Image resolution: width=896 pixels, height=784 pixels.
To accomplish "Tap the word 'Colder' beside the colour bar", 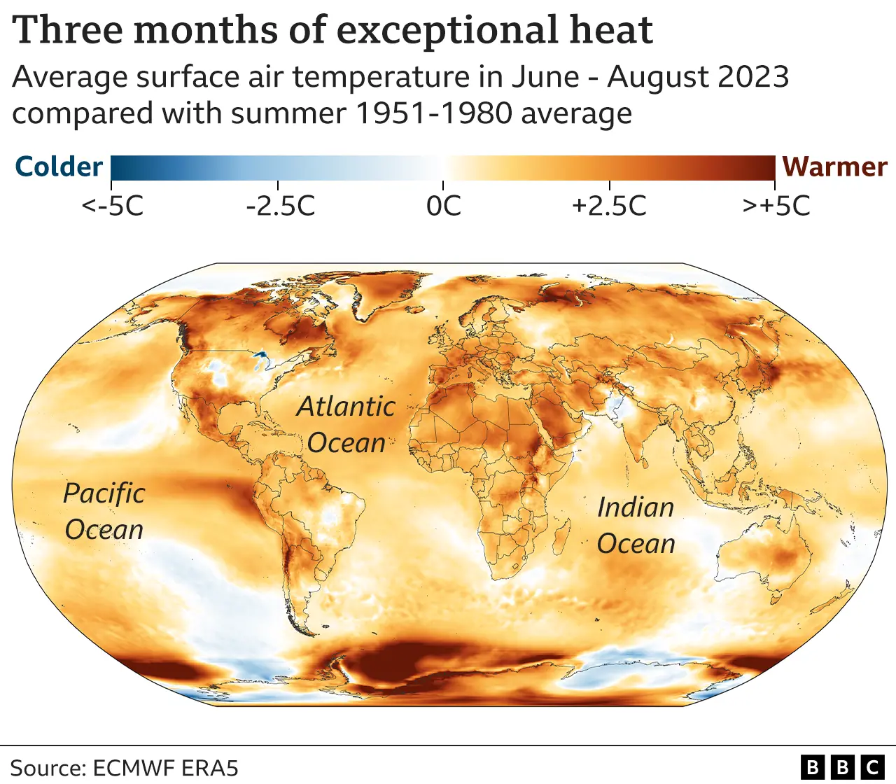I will (59, 167).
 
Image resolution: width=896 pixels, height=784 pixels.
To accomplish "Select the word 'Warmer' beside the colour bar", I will (834, 167).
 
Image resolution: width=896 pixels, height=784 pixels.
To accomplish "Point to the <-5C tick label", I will (113, 206).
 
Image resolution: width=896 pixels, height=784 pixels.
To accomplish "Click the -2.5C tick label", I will (280, 206).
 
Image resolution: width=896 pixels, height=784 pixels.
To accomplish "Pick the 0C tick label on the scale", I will (444, 206).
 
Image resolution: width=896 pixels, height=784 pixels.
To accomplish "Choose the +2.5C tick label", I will (609, 206).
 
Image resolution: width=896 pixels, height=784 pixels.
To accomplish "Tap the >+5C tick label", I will (776, 206).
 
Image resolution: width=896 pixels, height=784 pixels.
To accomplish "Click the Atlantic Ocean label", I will (346, 425).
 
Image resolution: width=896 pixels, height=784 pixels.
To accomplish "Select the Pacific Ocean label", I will (104, 512).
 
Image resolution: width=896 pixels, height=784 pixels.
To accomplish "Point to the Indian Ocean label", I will (636, 526).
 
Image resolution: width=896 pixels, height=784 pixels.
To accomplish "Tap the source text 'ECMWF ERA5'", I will (165, 768).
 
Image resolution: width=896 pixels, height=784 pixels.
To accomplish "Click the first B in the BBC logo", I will (812, 767).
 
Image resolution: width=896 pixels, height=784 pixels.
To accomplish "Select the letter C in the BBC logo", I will (872, 767).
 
